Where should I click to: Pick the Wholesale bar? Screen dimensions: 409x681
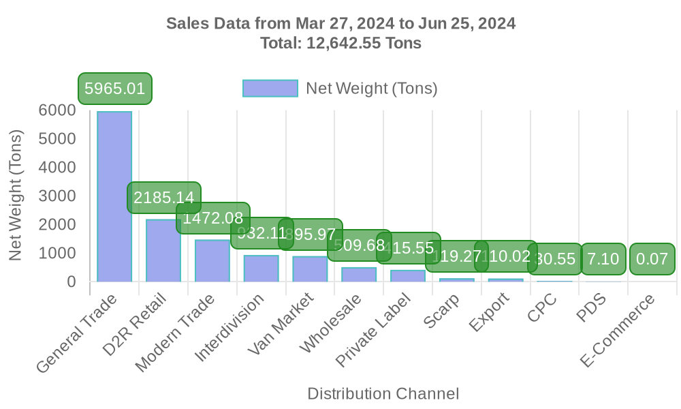[x=359, y=274]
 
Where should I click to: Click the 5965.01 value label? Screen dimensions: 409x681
[x=114, y=89]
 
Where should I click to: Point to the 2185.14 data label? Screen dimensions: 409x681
[x=163, y=198]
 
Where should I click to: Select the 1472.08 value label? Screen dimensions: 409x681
[x=212, y=218]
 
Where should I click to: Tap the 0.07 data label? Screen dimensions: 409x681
[x=652, y=259]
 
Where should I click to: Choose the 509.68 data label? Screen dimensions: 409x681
[x=359, y=245]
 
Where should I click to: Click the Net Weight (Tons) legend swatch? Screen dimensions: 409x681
[x=270, y=89]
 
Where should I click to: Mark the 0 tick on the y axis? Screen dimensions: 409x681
[x=71, y=282]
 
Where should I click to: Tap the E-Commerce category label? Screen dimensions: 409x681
[x=618, y=331]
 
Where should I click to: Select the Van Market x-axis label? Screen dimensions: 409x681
[x=281, y=324]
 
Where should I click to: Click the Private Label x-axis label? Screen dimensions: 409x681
[x=376, y=328]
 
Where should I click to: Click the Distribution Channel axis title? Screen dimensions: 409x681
[x=383, y=393]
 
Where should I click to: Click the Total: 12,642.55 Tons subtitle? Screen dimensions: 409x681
[x=340, y=44]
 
